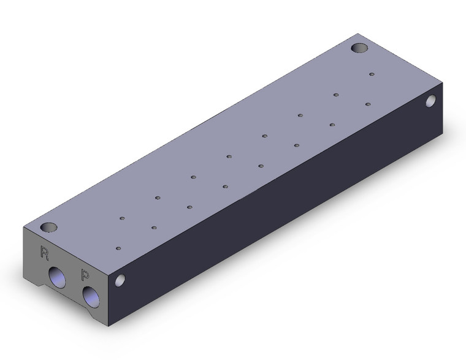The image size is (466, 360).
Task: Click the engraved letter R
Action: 44,253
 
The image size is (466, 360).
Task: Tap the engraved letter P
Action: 85,274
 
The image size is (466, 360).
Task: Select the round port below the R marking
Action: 57,277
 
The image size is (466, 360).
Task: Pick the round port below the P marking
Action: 91,299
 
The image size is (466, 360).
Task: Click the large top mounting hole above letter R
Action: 48,228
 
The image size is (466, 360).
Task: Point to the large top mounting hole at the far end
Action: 359,48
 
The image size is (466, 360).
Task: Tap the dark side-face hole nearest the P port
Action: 120,280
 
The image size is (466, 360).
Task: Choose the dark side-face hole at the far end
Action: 431,101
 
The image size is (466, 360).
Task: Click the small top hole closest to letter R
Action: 118,248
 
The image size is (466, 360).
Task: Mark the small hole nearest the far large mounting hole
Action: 372,74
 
